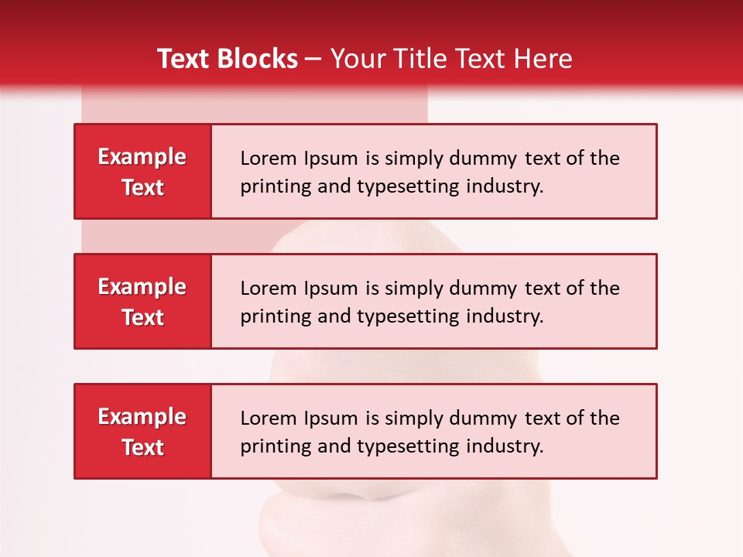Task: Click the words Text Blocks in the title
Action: click(228, 59)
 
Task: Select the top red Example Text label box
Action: click(142, 172)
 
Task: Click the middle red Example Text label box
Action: click(142, 302)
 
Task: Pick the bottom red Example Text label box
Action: click(142, 432)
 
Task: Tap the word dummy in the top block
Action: click(481, 159)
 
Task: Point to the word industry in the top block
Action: click(505, 186)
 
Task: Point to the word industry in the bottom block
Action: click(505, 446)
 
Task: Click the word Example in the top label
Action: click(142, 157)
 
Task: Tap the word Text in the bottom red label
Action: click(143, 447)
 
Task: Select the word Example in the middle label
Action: click(142, 287)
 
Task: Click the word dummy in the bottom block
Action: click(481, 419)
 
